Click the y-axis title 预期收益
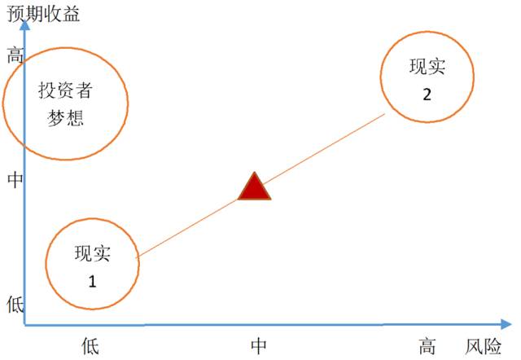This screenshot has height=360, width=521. coord(44,14)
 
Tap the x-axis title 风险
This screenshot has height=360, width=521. coord(483,346)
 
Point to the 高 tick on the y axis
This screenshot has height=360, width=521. coord(15,55)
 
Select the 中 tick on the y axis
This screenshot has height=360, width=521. coord(15,180)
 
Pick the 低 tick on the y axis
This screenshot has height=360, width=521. coord(15,305)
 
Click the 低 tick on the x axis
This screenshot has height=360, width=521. coord(90,346)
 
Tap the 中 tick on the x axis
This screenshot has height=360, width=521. coord(259,346)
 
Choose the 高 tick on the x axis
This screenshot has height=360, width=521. coord(427,346)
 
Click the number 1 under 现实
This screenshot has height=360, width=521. coord(91,282)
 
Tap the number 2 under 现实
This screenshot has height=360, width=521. coord(427,93)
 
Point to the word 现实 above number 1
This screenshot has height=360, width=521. coord(91,254)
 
